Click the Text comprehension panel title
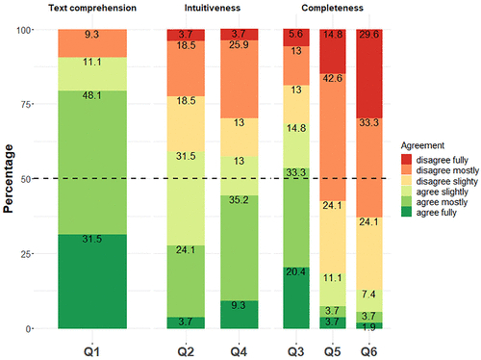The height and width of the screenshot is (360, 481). (91, 8)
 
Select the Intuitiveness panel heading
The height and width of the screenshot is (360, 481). (214, 8)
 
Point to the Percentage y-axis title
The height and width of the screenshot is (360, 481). (11, 179)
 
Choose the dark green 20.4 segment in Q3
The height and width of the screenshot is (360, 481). (296, 297)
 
